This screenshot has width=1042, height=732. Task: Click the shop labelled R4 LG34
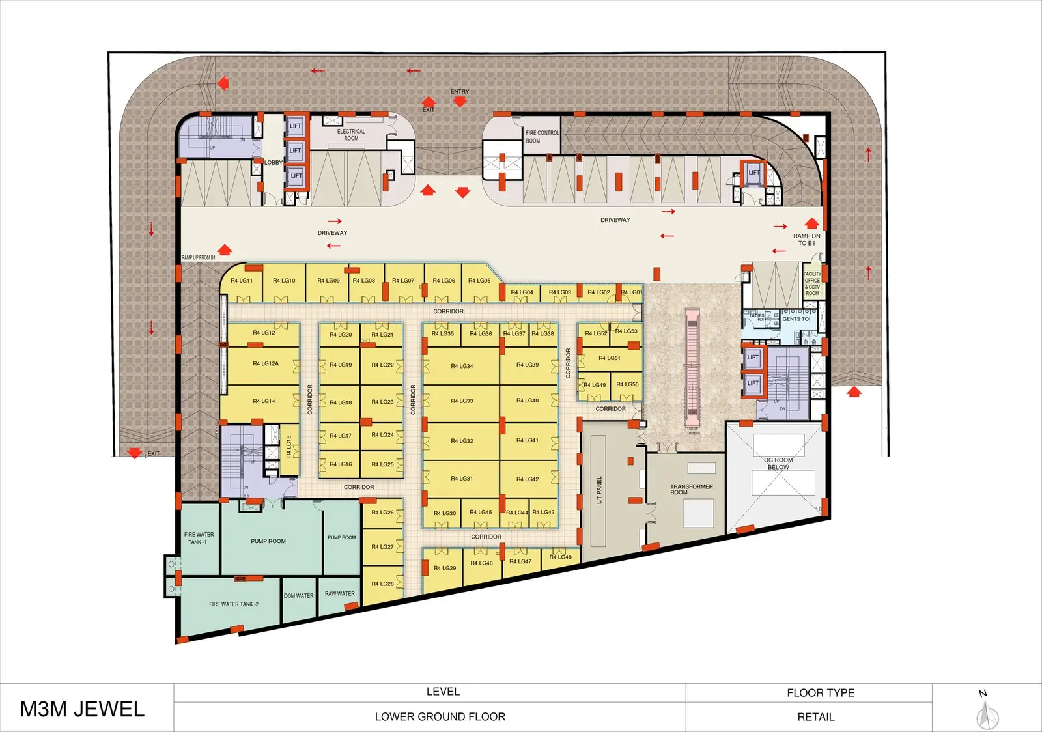click(x=462, y=366)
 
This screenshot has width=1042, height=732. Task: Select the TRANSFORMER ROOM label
click(x=691, y=489)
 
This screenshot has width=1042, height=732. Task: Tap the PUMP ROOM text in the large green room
click(x=268, y=541)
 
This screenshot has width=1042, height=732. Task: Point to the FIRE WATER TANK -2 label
click(x=233, y=604)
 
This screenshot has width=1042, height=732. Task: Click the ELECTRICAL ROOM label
click(x=351, y=135)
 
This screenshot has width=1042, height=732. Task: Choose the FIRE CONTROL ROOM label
click(x=542, y=137)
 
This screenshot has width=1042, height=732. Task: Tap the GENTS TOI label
click(x=796, y=319)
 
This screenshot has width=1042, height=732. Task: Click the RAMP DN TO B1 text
click(x=806, y=240)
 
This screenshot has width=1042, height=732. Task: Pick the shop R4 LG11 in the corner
click(x=241, y=281)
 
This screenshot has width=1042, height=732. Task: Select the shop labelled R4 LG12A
click(x=266, y=364)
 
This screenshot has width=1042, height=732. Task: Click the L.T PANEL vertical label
click(x=599, y=490)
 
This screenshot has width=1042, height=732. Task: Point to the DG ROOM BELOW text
click(x=778, y=464)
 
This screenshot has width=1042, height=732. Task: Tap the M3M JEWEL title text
click(x=82, y=709)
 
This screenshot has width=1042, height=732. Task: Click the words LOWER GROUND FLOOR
click(x=440, y=717)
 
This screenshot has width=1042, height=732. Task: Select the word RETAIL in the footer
click(x=815, y=717)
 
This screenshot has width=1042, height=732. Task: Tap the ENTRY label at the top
click(x=459, y=92)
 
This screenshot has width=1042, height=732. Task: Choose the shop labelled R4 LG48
click(x=560, y=557)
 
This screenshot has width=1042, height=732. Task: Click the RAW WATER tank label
click(x=339, y=594)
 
